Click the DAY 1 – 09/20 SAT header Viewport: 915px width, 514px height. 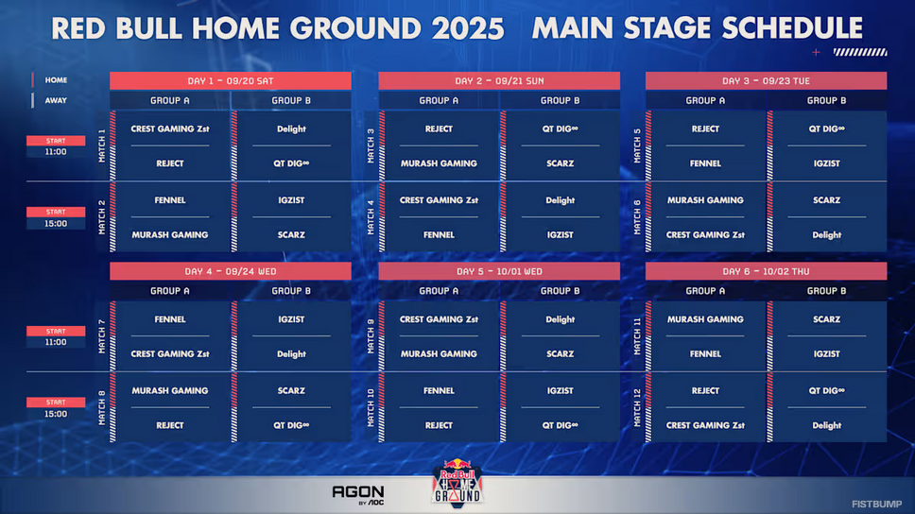pos(231,80)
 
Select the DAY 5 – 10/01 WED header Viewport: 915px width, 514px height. pos(499,271)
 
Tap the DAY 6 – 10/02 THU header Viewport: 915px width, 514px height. pos(766,271)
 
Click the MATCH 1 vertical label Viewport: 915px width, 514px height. pos(102,146)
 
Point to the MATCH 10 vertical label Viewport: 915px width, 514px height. pos(371,408)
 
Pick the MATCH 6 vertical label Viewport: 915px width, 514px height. pos(637,217)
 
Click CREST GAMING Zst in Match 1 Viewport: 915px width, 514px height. pos(170,128)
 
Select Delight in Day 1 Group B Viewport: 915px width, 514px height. pos(291,128)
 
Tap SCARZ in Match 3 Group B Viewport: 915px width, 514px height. pos(561,163)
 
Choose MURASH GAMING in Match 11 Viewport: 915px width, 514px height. pos(705,319)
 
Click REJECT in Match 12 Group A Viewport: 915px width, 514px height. pos(705,391)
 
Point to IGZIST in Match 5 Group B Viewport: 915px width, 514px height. pos(826,163)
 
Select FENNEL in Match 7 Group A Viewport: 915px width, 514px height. pos(170,319)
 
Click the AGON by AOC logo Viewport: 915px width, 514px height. pos(358,495)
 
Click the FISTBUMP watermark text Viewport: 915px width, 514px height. pos(876,505)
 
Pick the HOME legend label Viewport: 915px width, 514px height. pos(56,80)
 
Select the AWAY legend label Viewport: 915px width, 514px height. pos(56,100)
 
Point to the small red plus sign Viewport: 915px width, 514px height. pos(816,53)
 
